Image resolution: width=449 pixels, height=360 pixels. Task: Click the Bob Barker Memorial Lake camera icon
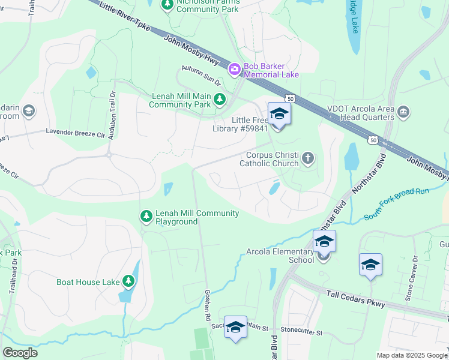234,70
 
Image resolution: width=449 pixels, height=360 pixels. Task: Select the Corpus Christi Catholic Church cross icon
308,158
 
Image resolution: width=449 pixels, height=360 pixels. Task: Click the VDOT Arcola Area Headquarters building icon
403,112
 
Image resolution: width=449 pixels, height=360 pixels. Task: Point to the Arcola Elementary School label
280,256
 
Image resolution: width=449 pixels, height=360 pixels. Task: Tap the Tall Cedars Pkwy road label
356,297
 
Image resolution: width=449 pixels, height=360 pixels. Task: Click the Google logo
20,353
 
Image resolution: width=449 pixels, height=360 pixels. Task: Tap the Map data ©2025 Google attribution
411,355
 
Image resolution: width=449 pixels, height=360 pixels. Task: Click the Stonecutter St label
303,331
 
